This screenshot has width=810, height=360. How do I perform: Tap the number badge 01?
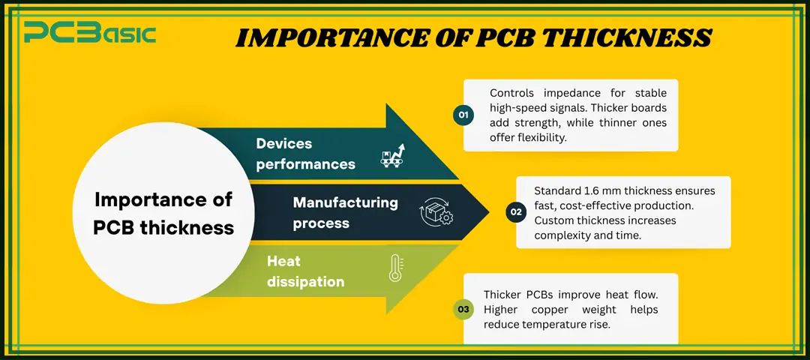[x=463, y=115]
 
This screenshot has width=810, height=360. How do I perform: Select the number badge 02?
[x=516, y=212]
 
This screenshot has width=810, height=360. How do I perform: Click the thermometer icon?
[x=395, y=268]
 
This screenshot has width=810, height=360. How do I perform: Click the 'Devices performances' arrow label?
[x=305, y=153]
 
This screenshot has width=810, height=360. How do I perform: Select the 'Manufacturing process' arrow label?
[x=345, y=212]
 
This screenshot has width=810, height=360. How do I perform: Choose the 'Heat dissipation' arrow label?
[x=305, y=271]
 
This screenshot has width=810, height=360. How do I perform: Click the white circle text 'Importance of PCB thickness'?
[x=163, y=213]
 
